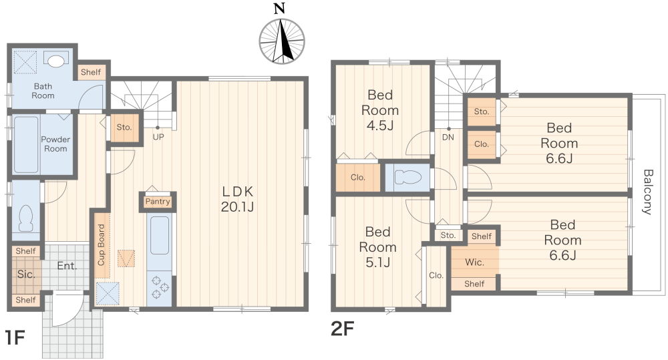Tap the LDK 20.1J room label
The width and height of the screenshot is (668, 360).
pyautogui.click(x=237, y=199)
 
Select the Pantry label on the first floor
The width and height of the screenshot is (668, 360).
pyautogui.click(x=158, y=202)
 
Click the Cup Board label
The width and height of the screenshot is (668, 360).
pyautogui.click(x=101, y=245)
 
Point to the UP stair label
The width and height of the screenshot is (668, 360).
pyautogui.click(x=158, y=137)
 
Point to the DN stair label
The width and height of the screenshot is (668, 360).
pyautogui.click(x=448, y=137)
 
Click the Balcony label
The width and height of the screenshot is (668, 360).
pyautogui.click(x=647, y=192)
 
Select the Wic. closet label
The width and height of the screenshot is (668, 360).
pyautogui.click(x=474, y=262)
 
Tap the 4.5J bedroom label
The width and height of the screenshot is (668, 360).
pyautogui.click(x=380, y=110)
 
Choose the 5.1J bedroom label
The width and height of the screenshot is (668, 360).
pyautogui.click(x=378, y=247)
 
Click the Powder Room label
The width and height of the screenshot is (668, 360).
pyautogui.click(x=55, y=144)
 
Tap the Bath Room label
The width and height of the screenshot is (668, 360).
pyautogui.click(x=43, y=91)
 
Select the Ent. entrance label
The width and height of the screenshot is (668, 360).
pyautogui.click(x=67, y=266)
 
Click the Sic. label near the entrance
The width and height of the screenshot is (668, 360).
pyautogui.click(x=26, y=275)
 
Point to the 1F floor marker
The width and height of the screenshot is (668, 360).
pyautogui.click(x=15, y=337)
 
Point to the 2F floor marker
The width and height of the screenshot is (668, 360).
pyautogui.click(x=343, y=329)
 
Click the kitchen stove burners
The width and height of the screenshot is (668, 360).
pyautogui.click(x=160, y=287)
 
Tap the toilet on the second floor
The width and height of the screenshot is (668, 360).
pyautogui.click(x=407, y=177)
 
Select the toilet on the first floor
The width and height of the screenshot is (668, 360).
pyautogui.click(x=26, y=218)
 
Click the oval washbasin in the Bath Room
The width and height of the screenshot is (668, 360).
pyautogui.click(x=56, y=61)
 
